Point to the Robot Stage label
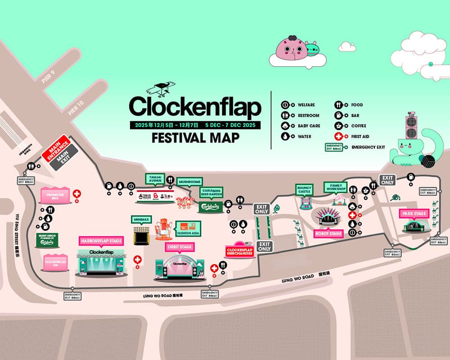(328, 234)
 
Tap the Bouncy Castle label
(304, 189)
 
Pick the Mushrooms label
(189, 182)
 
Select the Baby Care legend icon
(285, 126)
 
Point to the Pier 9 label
(48, 77)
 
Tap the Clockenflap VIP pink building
(56, 262)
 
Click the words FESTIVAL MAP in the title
(195, 138)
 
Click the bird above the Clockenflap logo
(163, 89)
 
